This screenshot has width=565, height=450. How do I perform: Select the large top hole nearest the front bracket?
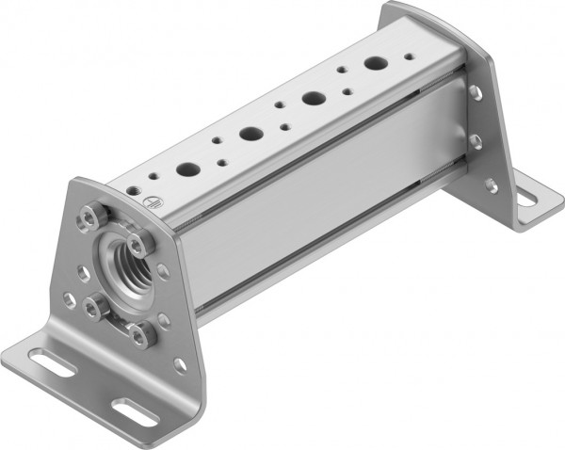187,170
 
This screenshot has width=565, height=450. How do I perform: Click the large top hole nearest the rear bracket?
376,65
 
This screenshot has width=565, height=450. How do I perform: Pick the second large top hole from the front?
251,134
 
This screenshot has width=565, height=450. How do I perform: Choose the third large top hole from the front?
314,98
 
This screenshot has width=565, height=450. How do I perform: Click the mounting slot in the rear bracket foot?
524,199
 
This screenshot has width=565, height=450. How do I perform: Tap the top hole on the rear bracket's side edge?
474,92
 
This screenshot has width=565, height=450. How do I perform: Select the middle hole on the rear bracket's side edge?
476,141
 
